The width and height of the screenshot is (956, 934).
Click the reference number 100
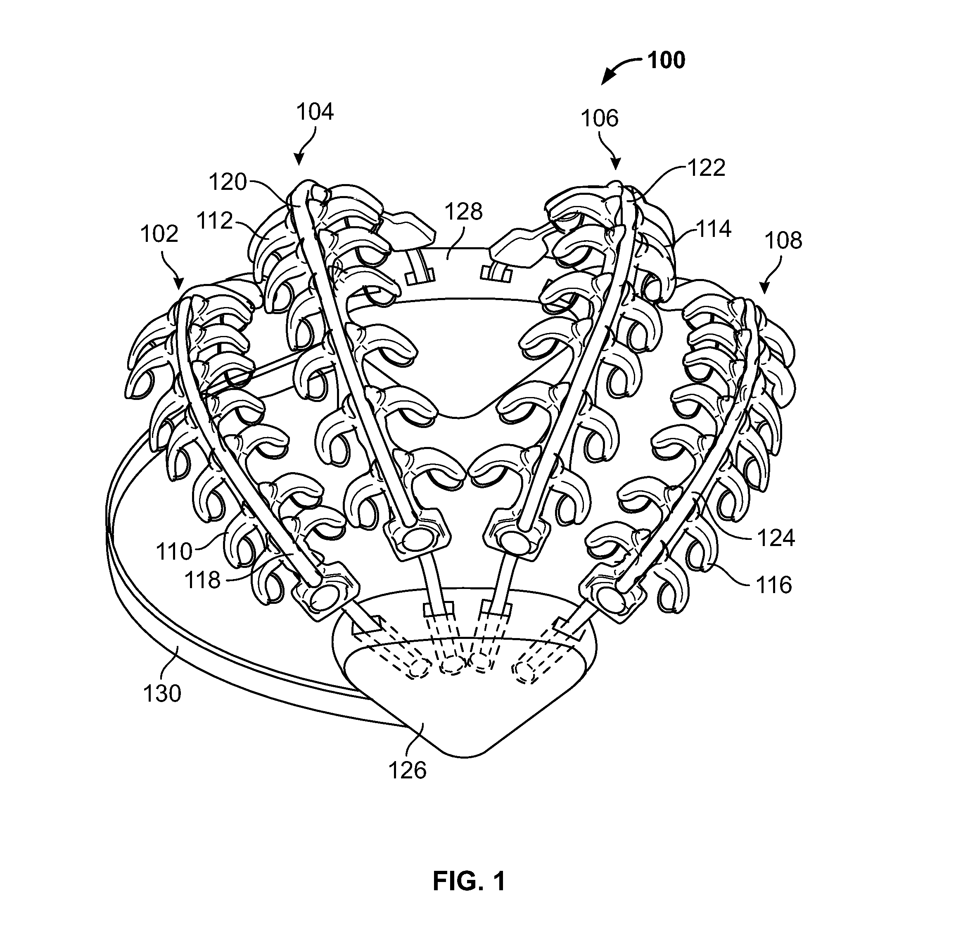click(x=666, y=60)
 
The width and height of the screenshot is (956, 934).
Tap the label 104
click(x=315, y=112)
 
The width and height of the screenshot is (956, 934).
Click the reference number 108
click(x=784, y=240)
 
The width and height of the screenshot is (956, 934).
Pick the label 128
click(x=464, y=211)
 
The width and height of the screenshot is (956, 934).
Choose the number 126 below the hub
click(x=407, y=771)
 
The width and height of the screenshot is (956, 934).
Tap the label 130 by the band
click(x=162, y=694)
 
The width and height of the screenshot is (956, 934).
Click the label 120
click(x=228, y=182)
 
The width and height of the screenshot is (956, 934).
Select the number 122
click(x=707, y=168)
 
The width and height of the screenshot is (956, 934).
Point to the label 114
click(x=713, y=229)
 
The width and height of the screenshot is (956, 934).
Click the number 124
click(x=776, y=538)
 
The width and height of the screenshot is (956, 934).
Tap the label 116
click(x=773, y=585)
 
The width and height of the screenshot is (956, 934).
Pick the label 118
click(x=203, y=580)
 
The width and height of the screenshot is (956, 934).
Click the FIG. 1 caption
click(x=469, y=881)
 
